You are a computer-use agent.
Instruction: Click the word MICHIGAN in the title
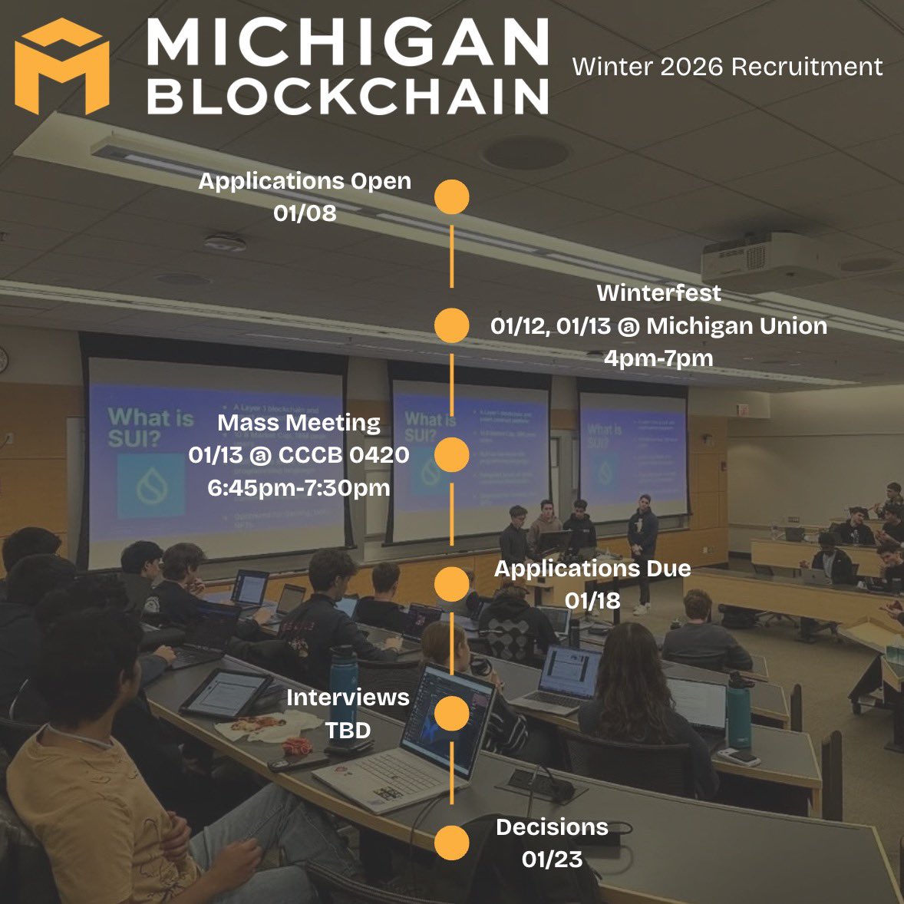point(346,44)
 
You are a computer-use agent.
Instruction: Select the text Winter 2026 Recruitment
point(727,67)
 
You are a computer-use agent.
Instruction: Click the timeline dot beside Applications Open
point(451,197)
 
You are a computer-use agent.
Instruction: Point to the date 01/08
point(305,213)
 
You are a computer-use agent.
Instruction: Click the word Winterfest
point(658,292)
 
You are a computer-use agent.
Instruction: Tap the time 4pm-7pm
point(658,358)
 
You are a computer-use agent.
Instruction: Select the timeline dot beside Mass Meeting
point(451,455)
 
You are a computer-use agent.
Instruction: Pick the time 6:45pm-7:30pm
point(299,487)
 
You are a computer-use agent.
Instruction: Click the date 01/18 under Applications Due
point(592,600)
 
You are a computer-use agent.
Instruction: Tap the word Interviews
point(348,697)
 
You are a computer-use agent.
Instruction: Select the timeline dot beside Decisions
point(451,843)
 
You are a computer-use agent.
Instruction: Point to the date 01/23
point(552,859)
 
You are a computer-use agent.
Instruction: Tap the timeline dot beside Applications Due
point(451,585)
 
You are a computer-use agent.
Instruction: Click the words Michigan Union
point(737,326)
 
